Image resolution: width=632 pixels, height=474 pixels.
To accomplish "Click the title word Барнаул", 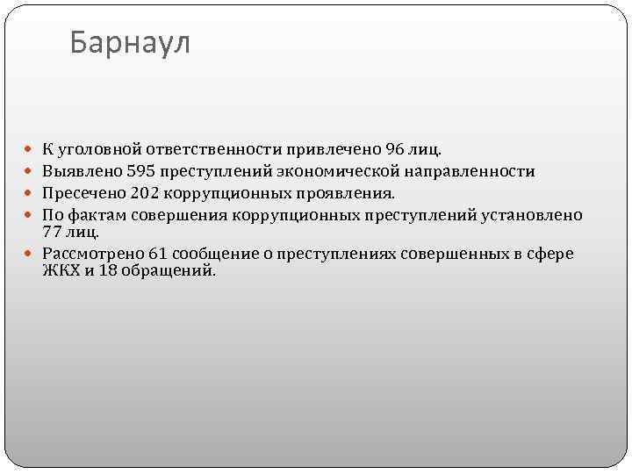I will tap(129, 42).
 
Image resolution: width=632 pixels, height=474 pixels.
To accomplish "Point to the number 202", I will tap(144, 192).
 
